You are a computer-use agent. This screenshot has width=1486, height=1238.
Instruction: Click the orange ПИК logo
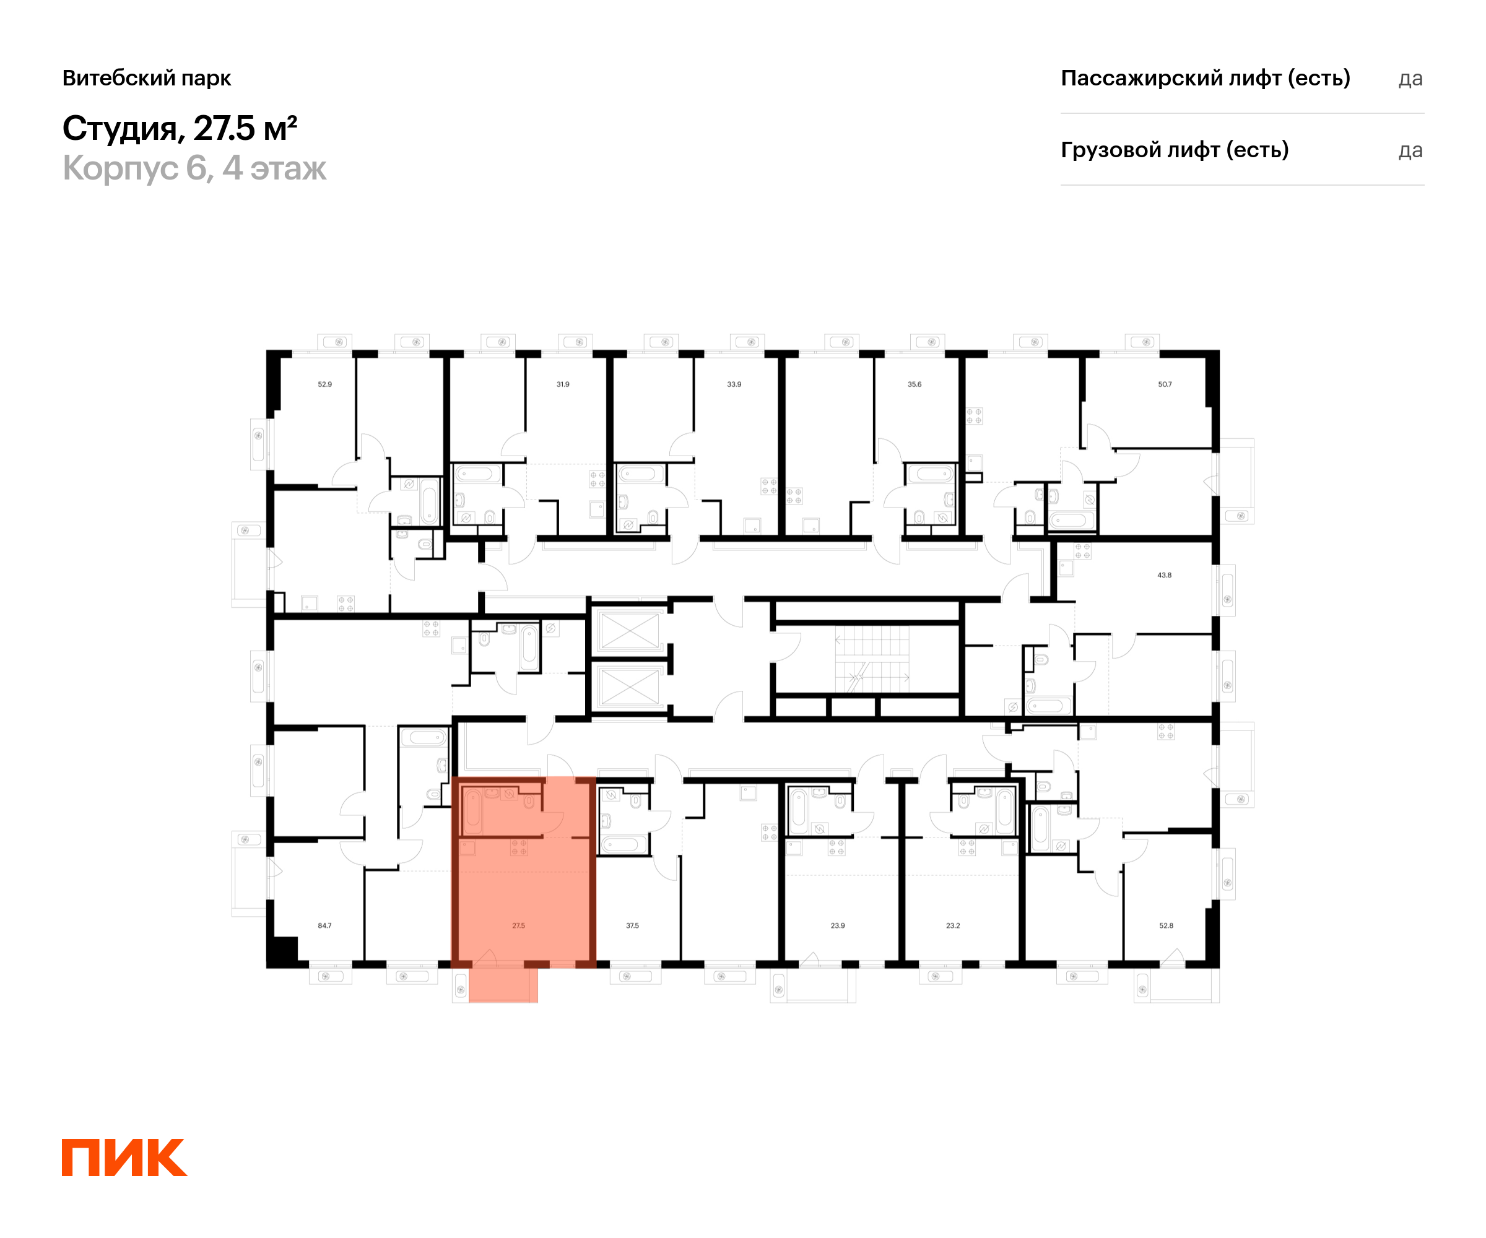coord(124,1158)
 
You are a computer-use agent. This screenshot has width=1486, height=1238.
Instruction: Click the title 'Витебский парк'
coord(147,78)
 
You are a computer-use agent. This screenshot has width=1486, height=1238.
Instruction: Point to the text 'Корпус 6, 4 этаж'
coord(194,168)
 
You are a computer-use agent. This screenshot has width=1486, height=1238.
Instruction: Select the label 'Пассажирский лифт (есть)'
coord(1205,78)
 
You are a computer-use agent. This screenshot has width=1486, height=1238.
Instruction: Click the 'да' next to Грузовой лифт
coord(1410,150)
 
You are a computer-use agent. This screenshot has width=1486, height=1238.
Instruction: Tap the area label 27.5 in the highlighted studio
coord(519,925)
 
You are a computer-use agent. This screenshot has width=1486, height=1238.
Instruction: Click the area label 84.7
coord(325,925)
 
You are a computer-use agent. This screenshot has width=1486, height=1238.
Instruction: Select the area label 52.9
coord(325,384)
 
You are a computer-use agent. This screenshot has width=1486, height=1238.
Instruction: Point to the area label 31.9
coord(563,384)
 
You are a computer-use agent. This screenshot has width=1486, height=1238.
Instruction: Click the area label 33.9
coord(734,384)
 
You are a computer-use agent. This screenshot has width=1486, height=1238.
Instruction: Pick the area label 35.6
coord(915,384)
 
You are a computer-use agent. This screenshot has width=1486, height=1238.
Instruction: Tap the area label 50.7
coord(1165,384)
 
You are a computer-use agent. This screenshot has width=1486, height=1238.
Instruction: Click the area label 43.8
coord(1165,575)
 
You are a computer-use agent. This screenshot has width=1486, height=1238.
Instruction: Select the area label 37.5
coord(633,925)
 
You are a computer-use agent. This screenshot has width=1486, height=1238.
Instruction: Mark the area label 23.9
coord(838,925)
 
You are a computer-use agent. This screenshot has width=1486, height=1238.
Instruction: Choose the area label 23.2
coord(953,925)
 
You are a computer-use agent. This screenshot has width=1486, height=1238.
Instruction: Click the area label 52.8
coord(1166,925)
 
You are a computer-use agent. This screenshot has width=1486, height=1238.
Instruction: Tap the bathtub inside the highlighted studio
coord(472,812)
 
